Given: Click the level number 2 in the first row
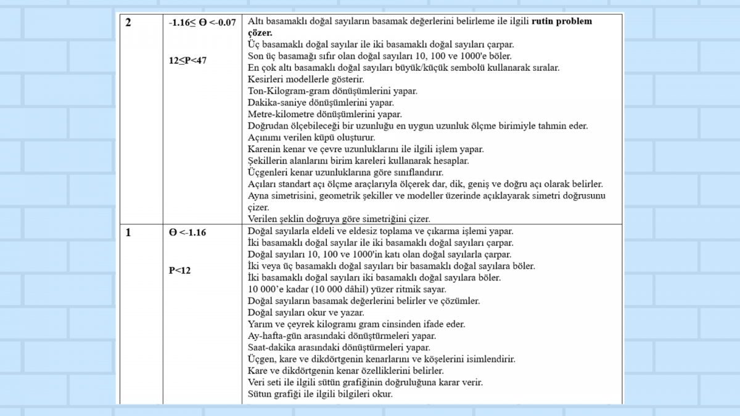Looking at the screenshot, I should tap(128, 23).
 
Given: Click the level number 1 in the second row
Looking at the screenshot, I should tap(128, 232).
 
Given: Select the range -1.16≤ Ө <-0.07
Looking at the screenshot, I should tap(202, 23).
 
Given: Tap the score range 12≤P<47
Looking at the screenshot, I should tap(187, 60).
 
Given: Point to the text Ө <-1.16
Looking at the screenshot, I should tap(187, 232).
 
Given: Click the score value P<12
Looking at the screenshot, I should tap(180, 270).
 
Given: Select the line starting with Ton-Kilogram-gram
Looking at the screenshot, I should tap(332, 91).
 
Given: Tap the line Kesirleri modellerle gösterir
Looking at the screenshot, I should tap(306, 80).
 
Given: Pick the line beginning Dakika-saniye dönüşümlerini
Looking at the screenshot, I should tap(321, 102).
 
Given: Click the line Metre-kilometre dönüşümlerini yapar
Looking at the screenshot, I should tap(324, 114).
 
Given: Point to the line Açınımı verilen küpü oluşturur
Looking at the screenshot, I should tap(311, 137).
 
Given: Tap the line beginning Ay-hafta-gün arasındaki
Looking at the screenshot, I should tap(342, 336).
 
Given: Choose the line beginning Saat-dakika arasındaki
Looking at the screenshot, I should tap(339, 348).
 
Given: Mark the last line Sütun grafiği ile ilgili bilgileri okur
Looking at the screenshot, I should tap(320, 394).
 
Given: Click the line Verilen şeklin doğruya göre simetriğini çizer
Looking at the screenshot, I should tap(339, 219).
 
